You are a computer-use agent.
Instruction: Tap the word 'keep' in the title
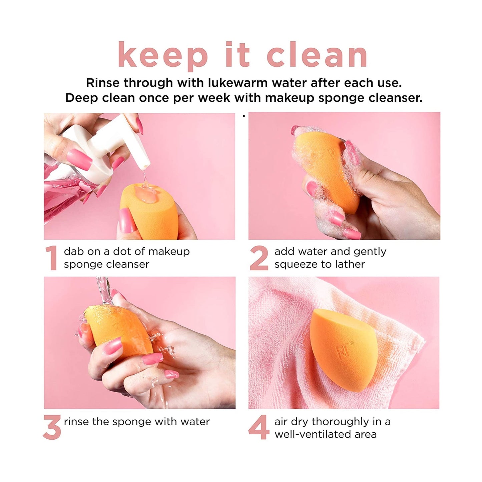pos(163,55)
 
